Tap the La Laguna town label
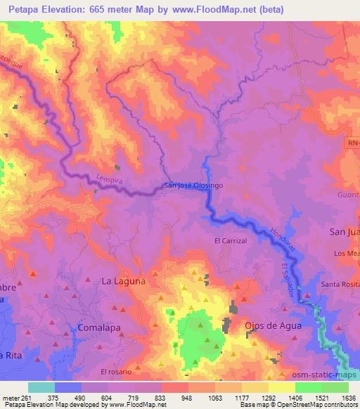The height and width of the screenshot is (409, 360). [124, 280]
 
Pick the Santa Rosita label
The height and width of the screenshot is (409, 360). [340, 283]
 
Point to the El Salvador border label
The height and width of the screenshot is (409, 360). [288, 279]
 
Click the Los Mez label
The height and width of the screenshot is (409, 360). [347, 253]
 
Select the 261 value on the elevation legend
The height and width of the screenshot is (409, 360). [28, 397]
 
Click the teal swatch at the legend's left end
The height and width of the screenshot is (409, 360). [41, 387]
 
